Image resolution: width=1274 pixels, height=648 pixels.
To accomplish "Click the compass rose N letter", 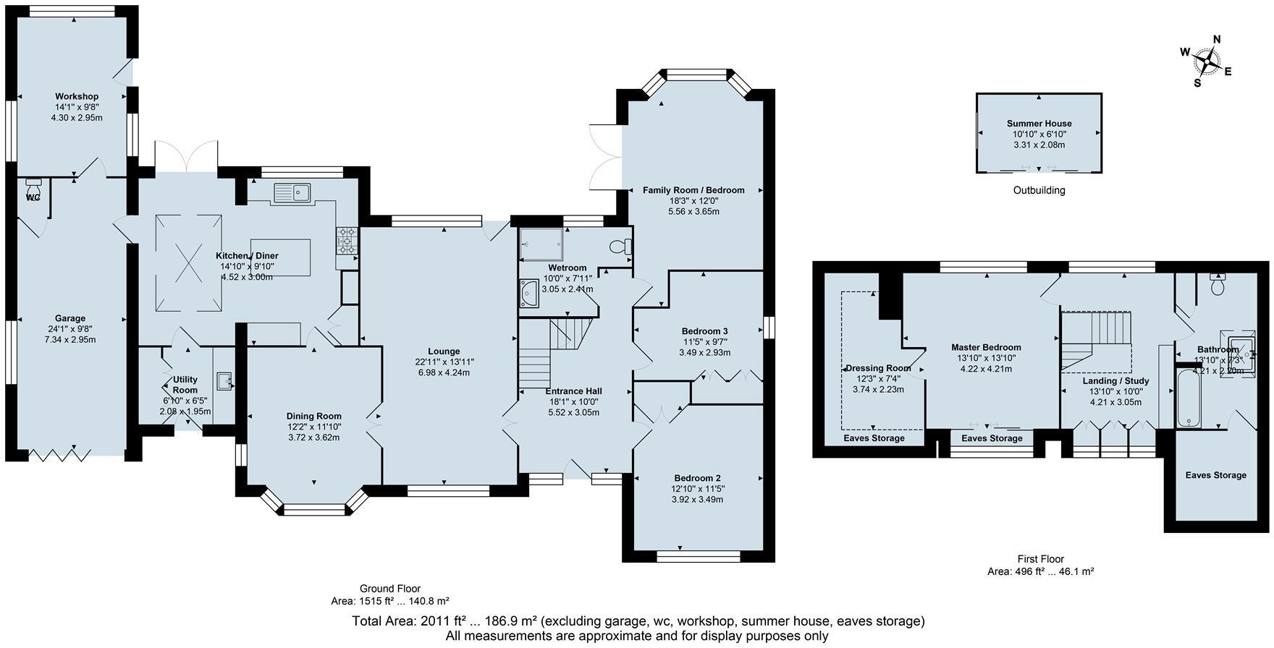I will [x=1217, y=40].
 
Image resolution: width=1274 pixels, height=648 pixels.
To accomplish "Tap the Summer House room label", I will [x=1039, y=124].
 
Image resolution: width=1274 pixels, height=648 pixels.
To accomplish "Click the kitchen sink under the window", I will [x=292, y=192].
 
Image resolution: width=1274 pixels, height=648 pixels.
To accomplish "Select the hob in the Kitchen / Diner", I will [x=347, y=240].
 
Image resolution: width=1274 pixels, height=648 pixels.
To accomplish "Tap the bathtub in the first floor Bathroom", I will [x=1189, y=398].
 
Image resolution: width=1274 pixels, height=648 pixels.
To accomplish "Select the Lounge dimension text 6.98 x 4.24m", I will [x=444, y=373].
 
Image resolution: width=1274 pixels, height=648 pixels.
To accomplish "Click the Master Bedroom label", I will [x=986, y=348].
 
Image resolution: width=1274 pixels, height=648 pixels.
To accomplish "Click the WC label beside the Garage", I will [x=33, y=197].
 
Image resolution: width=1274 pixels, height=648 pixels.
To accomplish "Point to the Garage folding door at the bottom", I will [x=59, y=454].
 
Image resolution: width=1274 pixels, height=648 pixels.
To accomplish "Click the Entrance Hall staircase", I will [x=549, y=354].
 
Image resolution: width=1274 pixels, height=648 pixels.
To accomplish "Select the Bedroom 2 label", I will [x=697, y=478].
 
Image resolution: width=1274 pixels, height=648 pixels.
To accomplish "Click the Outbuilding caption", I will [x=1039, y=191].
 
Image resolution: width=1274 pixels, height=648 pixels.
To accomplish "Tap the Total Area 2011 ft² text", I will [x=444, y=621].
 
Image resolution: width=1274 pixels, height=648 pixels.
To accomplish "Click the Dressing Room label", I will [x=878, y=368].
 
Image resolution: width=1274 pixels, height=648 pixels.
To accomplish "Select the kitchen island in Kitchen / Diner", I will [x=280, y=253].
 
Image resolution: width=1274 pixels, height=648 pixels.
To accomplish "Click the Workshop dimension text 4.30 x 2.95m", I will [x=77, y=117].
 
